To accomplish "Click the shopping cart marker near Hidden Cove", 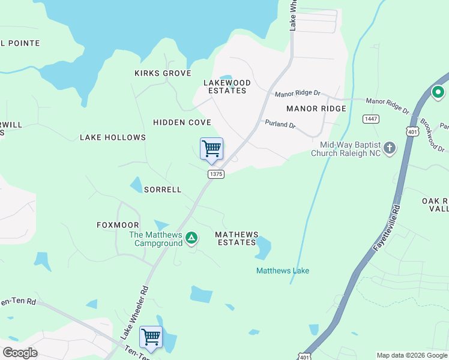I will pos(211,149).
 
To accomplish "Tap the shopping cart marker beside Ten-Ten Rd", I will pos(151,337).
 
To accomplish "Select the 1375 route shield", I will pos(216,174).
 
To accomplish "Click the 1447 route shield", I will pos(370,119).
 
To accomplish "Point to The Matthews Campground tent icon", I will pos(191,238).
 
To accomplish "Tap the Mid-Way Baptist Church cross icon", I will pos(390,148).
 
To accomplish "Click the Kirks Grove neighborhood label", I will pos(163,73).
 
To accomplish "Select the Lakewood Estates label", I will pos(227,86).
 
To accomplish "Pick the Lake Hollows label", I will pos(113,137).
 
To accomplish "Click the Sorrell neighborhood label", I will pos(162,190).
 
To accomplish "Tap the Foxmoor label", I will pos(118,225).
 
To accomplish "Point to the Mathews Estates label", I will pos(237,238).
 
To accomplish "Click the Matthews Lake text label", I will pos(283,271).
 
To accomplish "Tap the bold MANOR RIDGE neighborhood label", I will pos(316,109).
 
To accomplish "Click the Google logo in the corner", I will pos(20,353).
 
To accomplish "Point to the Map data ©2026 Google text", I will pos(411,355).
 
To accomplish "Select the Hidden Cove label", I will pos(182,122).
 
